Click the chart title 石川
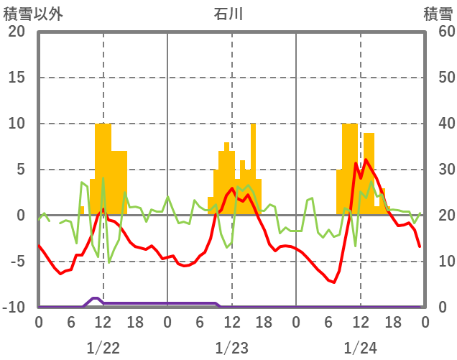click(228, 14)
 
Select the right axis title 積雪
click(438, 14)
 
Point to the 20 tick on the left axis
click(17, 32)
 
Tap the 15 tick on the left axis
click(17, 78)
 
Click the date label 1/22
click(103, 348)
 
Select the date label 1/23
click(231, 348)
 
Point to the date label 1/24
click(360, 348)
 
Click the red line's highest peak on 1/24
click(366, 160)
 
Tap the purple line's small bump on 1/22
click(95, 298)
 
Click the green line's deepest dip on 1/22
click(109, 262)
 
